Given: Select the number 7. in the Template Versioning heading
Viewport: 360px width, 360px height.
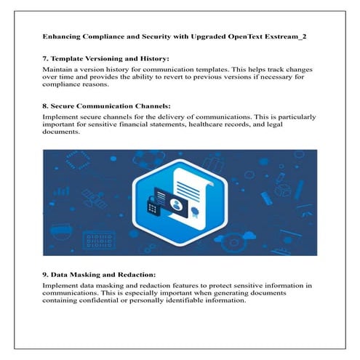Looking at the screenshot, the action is click(x=46, y=57).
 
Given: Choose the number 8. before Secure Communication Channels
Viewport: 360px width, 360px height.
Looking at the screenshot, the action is click(x=46, y=105).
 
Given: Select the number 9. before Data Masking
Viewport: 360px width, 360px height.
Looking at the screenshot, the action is click(x=46, y=276).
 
